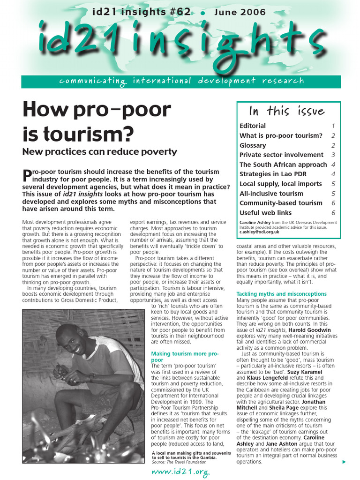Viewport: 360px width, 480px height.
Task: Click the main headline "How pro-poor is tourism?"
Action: click(97, 122)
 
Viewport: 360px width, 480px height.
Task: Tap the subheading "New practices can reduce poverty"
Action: click(100, 151)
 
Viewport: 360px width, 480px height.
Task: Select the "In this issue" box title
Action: click(287, 111)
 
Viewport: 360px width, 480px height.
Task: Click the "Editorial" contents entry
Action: click(253, 126)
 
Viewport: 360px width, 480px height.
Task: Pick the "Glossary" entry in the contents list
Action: click(253, 145)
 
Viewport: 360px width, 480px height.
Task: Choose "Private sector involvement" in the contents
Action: click(281, 155)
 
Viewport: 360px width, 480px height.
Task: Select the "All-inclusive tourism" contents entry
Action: click(271, 193)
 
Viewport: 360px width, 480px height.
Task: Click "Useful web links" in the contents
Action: click(265, 213)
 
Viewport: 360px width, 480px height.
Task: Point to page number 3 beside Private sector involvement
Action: click(333, 155)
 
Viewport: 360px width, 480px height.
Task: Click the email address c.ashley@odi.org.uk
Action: click(259, 232)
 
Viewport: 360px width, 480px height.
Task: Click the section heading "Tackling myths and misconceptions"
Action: click(281, 294)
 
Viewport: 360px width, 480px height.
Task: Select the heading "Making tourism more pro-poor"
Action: click(185, 357)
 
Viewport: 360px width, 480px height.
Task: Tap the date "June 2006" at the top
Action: click(240, 12)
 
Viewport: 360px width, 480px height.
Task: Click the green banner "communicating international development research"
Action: click(181, 81)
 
